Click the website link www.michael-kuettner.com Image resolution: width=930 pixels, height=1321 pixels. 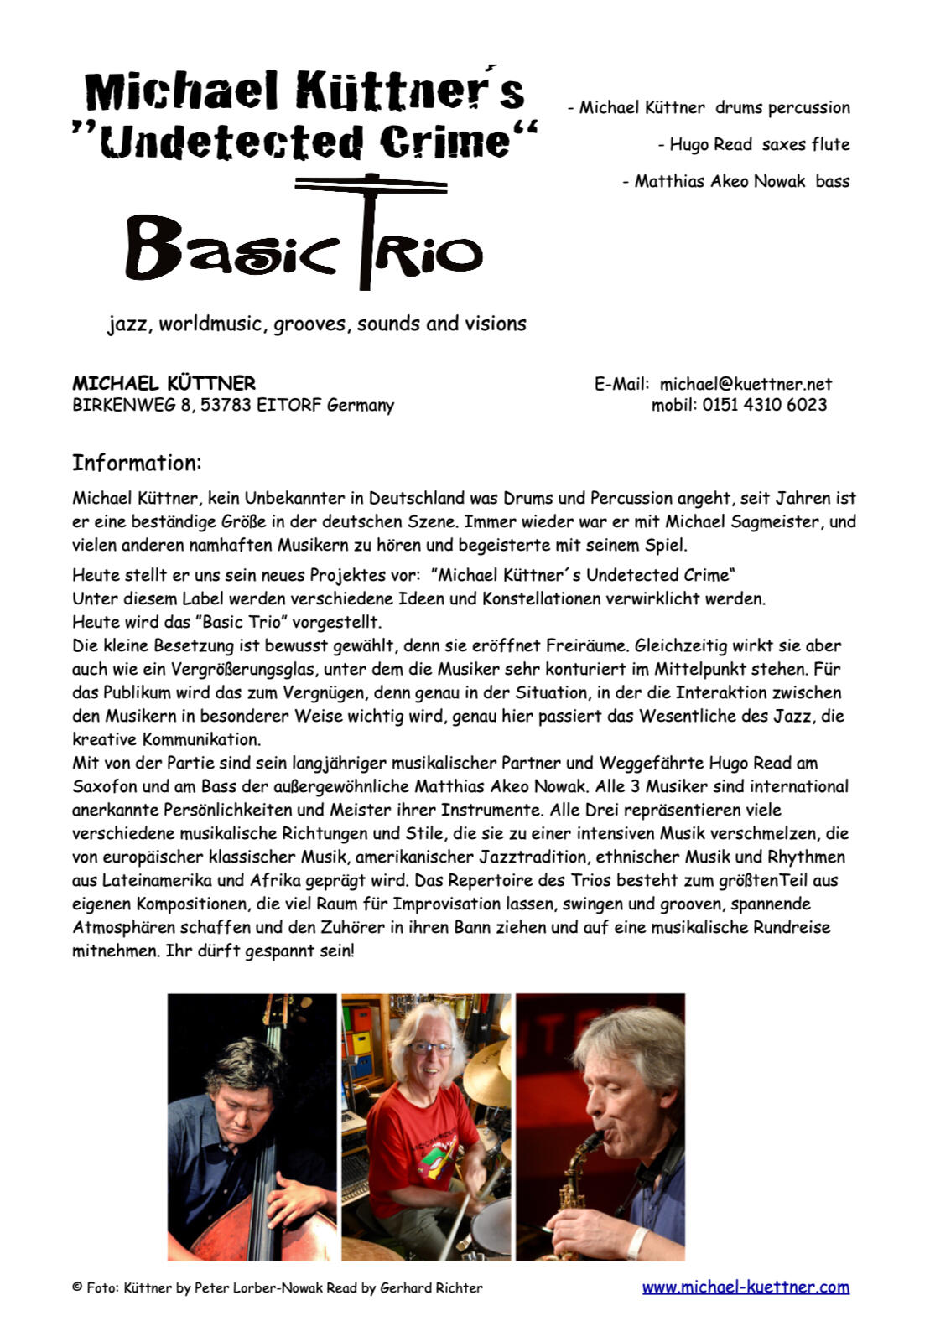[x=746, y=1287]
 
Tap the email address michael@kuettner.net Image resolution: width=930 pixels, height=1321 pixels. [x=746, y=384]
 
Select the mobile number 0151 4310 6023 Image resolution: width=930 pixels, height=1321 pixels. [x=765, y=405]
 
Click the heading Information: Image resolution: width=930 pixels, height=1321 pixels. [x=137, y=463]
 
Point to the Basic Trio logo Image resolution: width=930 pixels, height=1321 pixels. [x=304, y=243]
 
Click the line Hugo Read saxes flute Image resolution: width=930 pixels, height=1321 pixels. [x=753, y=144]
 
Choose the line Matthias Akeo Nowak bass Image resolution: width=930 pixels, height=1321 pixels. [x=735, y=181]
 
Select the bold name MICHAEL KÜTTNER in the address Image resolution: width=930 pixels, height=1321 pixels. [x=164, y=383]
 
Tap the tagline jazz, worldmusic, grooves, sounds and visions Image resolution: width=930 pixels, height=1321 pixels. [x=317, y=324]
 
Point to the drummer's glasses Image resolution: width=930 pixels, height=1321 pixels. [x=431, y=1047]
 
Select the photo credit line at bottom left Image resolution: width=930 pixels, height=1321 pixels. [x=278, y=1288]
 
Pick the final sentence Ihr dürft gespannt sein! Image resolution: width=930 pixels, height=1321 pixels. [x=260, y=951]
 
